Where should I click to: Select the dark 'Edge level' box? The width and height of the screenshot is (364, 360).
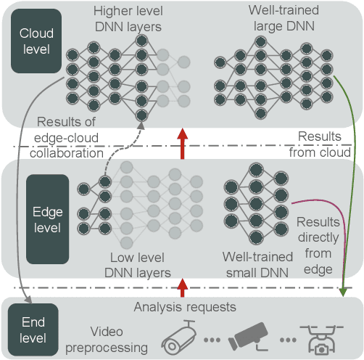47,218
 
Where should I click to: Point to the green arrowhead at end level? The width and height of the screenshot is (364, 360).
344,292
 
